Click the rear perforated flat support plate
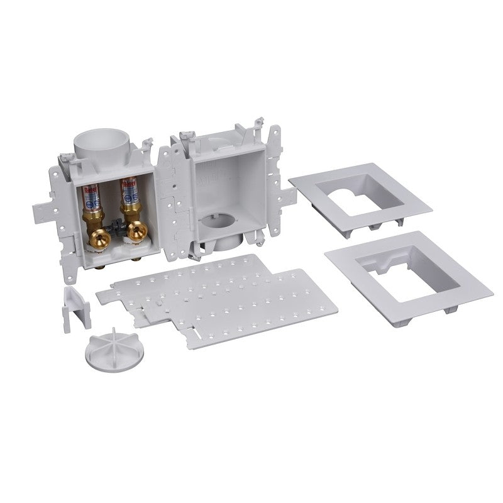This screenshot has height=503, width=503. pos(182,277)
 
